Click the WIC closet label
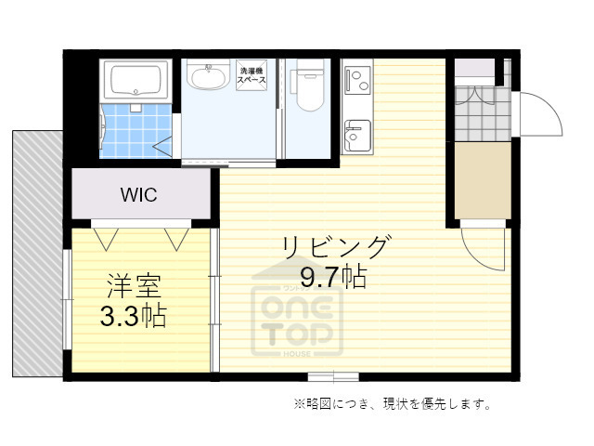(x=138, y=195)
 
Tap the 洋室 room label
(x=133, y=284)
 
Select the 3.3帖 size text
(x=133, y=316)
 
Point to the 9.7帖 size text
(x=332, y=276)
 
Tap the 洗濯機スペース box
(x=252, y=76)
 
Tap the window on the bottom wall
(x=332, y=375)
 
